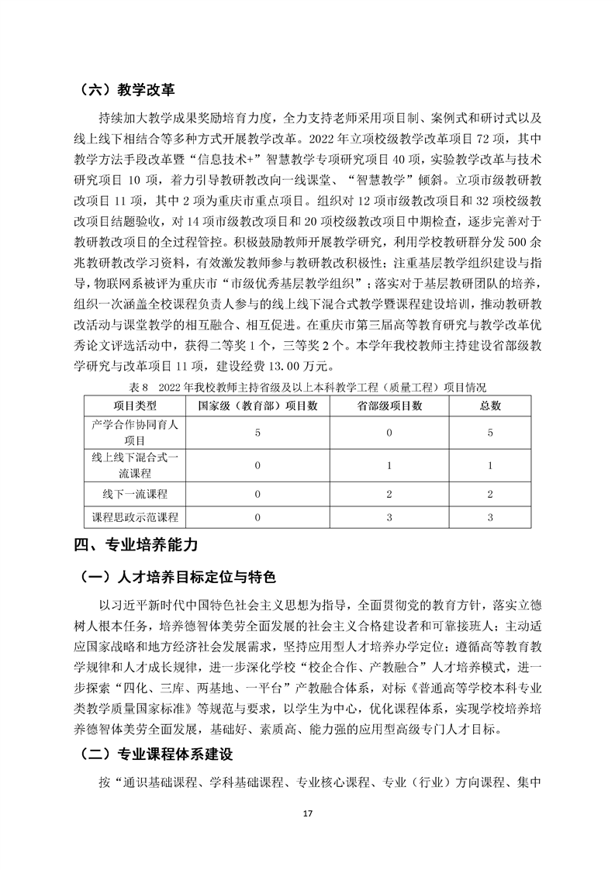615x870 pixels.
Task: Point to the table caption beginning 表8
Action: tap(307, 385)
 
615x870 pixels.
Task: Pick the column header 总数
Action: tap(490, 405)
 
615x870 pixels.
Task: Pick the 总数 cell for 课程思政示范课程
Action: tap(490, 516)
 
